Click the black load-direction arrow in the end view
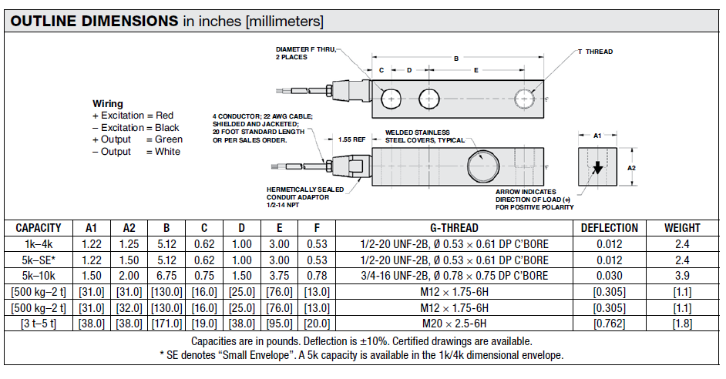[x=598, y=167]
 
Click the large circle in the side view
[x=483, y=166]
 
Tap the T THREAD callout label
[x=596, y=52]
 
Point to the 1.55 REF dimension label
[x=352, y=139]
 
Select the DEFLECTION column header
[x=610, y=228]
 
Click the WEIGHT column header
[x=682, y=228]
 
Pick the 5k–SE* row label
[x=39, y=260]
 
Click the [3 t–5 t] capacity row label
[x=39, y=323]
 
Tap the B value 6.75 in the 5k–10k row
[x=166, y=276]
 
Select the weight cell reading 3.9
[x=682, y=276]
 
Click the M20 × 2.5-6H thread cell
[x=454, y=323]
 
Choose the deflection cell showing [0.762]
[x=610, y=323]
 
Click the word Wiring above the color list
[x=108, y=104]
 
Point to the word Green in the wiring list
[x=169, y=139]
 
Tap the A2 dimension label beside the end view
[x=631, y=168]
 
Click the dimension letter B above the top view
[x=456, y=59]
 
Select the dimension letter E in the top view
[x=476, y=70]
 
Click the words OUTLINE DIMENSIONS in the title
[x=94, y=21]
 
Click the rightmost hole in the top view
[x=525, y=99]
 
